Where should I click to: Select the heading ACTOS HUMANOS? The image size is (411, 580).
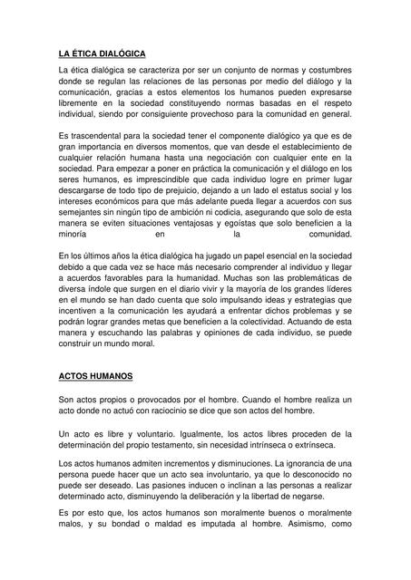(x=94, y=374)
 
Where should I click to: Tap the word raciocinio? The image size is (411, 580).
(x=181, y=411)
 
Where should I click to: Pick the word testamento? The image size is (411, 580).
(x=194, y=445)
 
